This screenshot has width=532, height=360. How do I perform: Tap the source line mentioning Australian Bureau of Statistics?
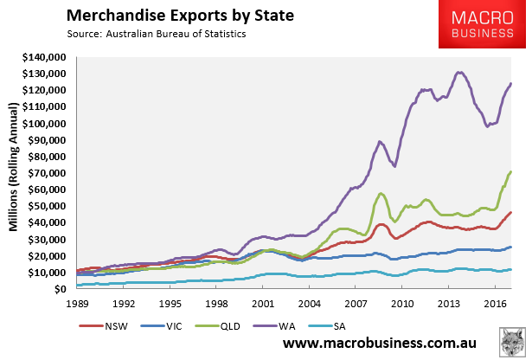pos(153,35)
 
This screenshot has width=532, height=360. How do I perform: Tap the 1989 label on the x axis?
pos(78,303)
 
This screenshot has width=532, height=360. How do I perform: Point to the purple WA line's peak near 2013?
pos(458,73)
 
